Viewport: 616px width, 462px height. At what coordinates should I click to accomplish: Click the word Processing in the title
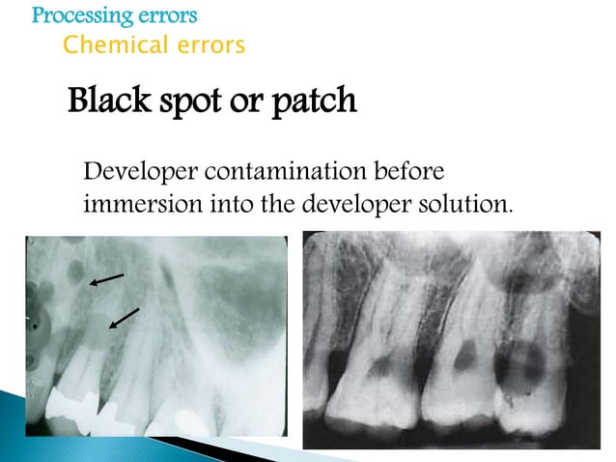coord(80,16)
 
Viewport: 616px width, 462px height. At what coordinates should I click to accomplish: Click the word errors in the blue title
coord(166,16)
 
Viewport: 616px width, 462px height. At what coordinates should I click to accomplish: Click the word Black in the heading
coord(108,101)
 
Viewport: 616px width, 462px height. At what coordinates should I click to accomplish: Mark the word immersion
coord(138,205)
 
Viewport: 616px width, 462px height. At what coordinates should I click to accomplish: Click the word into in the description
coord(226,205)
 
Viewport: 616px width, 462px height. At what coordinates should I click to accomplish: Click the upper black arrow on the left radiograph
coord(106,279)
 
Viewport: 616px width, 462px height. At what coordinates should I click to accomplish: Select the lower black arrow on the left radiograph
coord(125,318)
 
